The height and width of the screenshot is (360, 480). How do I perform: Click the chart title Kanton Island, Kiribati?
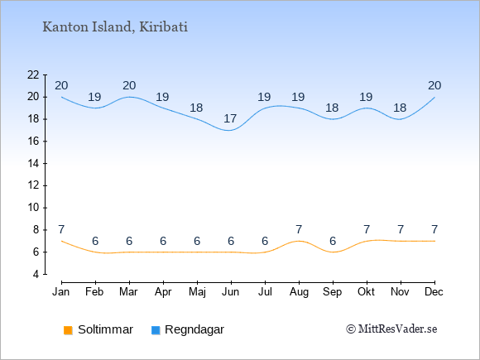tap(115, 27)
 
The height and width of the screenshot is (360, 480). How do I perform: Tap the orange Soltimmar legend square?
tap(68, 330)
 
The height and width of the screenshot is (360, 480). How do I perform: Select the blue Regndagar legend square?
tap(156, 330)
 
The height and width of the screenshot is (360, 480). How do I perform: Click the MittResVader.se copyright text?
tap(391, 329)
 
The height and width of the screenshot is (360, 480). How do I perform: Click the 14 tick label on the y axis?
tap(33, 164)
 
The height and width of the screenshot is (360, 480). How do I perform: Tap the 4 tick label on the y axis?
tap(36, 274)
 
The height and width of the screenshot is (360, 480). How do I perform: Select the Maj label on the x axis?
tap(197, 292)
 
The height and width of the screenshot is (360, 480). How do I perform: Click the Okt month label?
tap(366, 292)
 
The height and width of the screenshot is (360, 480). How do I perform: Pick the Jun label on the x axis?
tap(231, 292)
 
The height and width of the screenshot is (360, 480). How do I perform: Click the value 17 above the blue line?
tap(230, 118)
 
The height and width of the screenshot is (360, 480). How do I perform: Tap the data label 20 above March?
tap(129, 86)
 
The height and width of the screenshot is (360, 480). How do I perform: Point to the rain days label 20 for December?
tap(434, 86)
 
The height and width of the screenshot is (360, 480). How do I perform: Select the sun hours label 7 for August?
tap(299, 229)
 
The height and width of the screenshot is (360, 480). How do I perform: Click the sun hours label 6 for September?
tap(333, 241)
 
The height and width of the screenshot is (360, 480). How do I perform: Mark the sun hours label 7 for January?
tap(61, 229)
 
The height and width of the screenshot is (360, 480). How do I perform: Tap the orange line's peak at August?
tap(299, 241)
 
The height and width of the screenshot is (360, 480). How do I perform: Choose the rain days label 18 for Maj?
tap(196, 108)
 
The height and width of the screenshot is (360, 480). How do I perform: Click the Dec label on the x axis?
tap(434, 292)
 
